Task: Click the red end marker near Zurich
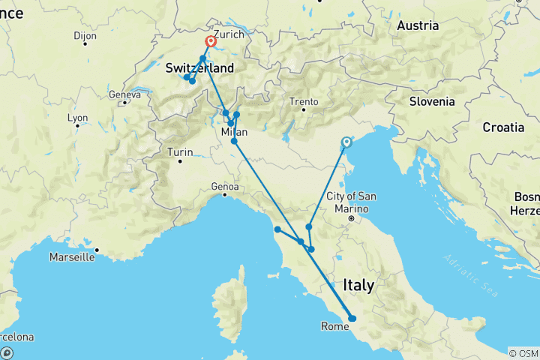(211, 42)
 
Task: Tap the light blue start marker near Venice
(346, 142)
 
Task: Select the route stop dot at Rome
(352, 319)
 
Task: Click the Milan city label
(234, 132)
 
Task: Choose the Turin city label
(180, 152)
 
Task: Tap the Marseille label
(72, 257)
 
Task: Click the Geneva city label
(124, 95)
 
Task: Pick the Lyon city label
(77, 118)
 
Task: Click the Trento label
(305, 101)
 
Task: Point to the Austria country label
(418, 25)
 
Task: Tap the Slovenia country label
(432, 101)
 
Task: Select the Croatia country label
(503, 127)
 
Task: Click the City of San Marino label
(351, 202)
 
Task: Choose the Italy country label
(358, 285)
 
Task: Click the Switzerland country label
(199, 68)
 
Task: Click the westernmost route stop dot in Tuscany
(277, 229)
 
